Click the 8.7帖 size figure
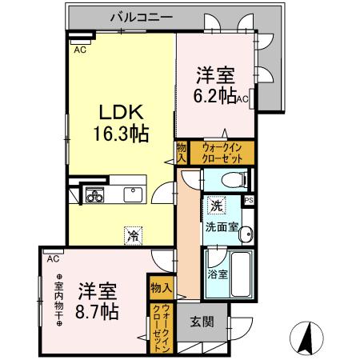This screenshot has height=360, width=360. [x=98, y=310]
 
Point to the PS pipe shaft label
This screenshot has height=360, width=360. [x=249, y=200]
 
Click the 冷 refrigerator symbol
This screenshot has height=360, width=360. [x=131, y=235]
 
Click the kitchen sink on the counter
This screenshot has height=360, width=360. [x=131, y=194]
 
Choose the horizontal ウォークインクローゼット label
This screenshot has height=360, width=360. [x=212, y=152]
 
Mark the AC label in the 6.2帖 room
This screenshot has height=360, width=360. [x=242, y=100]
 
